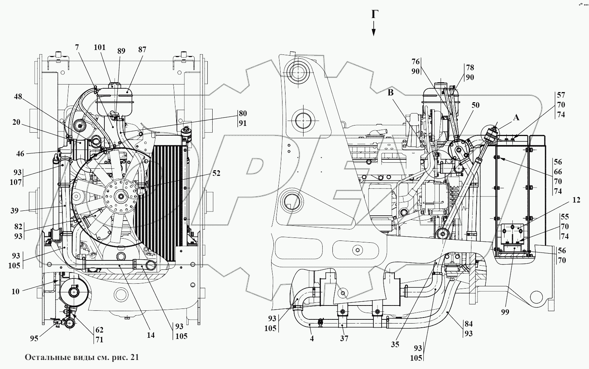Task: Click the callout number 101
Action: pos(100,48)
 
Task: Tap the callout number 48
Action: pos(18,97)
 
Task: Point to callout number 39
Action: pos(15,211)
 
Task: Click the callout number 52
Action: pos(216,173)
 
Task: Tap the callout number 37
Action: pos(344,339)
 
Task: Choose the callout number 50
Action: pos(475,105)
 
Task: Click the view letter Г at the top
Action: pos(374,14)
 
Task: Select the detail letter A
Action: pos(516,118)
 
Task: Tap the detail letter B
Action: pos(391,93)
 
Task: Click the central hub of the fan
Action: pos(121,195)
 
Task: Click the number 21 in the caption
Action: pos(134,358)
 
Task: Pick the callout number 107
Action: pos(17,182)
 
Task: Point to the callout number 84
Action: pos(468,324)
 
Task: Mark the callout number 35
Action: pos(395,344)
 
